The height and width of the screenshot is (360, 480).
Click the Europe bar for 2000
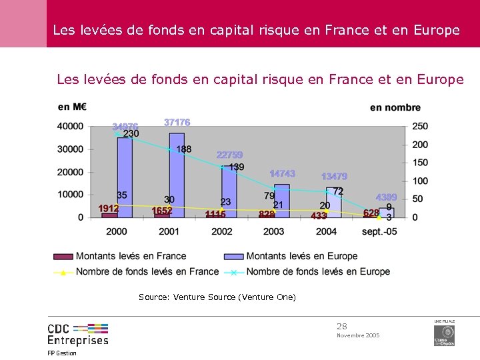click(125, 177)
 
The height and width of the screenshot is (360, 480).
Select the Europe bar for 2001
click(177, 175)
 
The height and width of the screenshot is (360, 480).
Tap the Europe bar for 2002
click(229, 192)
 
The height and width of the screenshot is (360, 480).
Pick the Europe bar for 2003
click(281, 201)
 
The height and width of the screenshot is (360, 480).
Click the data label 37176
click(177, 122)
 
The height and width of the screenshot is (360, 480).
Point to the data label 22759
click(229, 155)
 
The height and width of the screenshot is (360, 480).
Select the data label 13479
click(334, 177)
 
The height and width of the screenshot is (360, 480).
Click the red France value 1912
click(109, 209)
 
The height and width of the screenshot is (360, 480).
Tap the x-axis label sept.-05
click(379, 231)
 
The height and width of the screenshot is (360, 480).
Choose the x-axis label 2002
click(221, 231)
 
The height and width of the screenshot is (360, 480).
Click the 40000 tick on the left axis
click(71, 127)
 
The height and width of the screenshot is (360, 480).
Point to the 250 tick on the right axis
click(420, 127)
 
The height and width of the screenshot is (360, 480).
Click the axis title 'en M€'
click(72, 107)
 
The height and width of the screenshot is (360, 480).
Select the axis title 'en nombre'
click(395, 107)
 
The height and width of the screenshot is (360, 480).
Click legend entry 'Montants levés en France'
click(131, 256)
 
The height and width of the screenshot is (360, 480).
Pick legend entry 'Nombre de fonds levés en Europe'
click(318, 271)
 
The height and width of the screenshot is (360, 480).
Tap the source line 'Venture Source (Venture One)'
click(217, 297)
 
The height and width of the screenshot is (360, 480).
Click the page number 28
click(342, 326)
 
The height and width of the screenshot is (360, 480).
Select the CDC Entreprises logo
click(77, 333)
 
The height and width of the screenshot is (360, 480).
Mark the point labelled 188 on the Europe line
click(170, 149)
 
